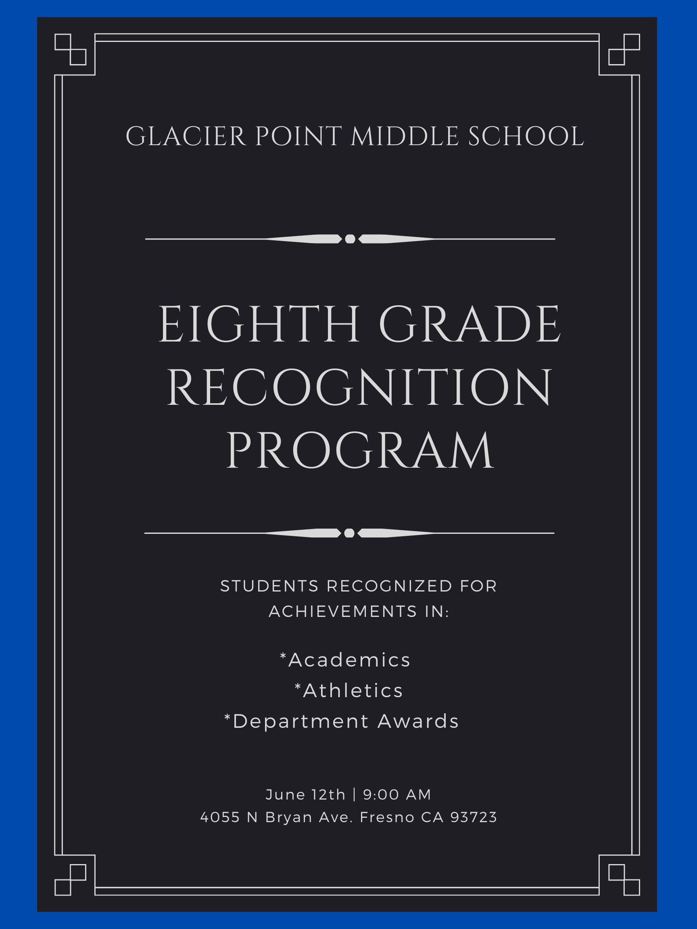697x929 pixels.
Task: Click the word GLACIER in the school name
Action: point(186,137)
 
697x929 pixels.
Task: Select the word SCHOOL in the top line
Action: point(526,137)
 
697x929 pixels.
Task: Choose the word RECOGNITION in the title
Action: point(359,387)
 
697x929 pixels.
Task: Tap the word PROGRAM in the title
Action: point(360,450)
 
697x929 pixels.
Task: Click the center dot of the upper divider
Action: point(350,239)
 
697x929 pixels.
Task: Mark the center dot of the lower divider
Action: point(349,533)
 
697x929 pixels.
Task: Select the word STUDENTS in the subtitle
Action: point(270,586)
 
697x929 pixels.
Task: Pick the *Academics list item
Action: point(345,660)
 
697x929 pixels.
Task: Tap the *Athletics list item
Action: point(349,690)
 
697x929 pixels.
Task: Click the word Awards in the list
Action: point(418,721)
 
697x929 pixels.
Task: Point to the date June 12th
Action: point(305,795)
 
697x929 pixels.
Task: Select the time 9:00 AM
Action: point(397,795)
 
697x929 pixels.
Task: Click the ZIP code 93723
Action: point(474,817)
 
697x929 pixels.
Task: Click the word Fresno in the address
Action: point(387,817)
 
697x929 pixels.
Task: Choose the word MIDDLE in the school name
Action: point(405,137)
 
